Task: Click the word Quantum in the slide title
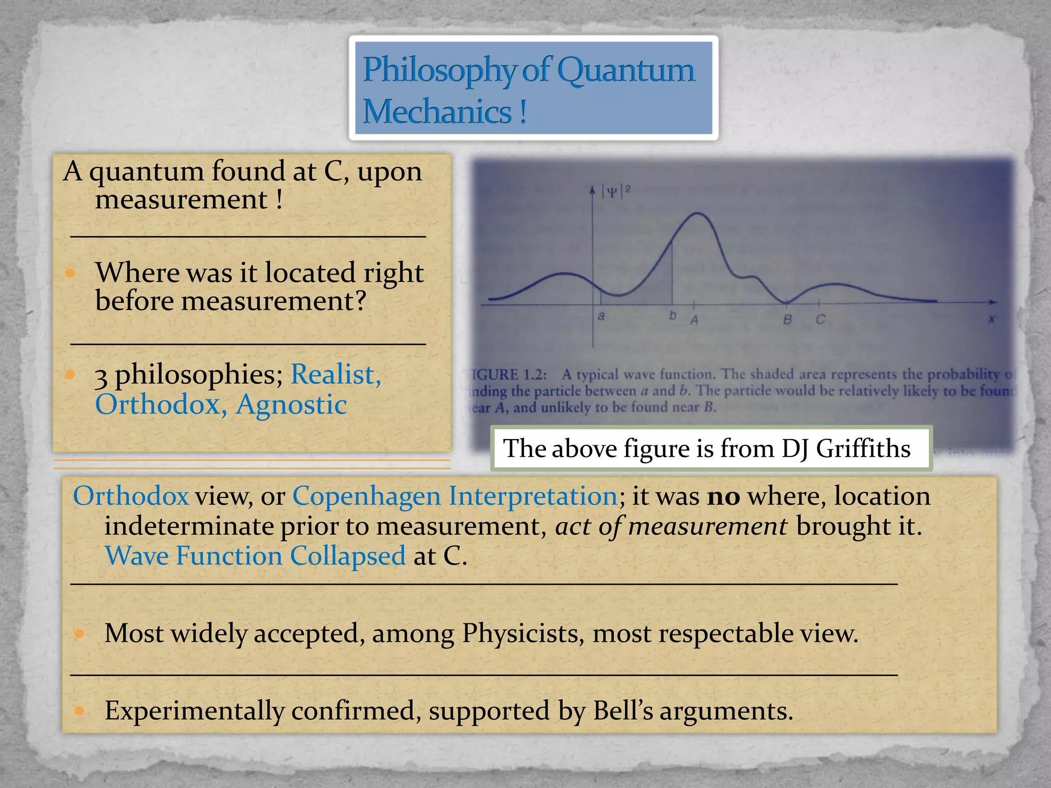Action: [x=626, y=70]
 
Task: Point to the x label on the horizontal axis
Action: [x=991, y=319]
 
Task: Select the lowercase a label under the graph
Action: [x=601, y=316]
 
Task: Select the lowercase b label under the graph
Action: [x=673, y=316]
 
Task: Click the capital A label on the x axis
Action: [x=694, y=320]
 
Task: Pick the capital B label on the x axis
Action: [x=787, y=320]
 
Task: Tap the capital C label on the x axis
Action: [x=820, y=320]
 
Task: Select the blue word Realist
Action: [x=335, y=374]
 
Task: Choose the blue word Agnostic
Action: [x=291, y=405]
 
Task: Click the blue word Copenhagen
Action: [x=366, y=496]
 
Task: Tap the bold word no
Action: [x=723, y=496]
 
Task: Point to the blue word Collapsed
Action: [x=347, y=556]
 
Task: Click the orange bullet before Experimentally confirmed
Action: [x=79, y=711]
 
